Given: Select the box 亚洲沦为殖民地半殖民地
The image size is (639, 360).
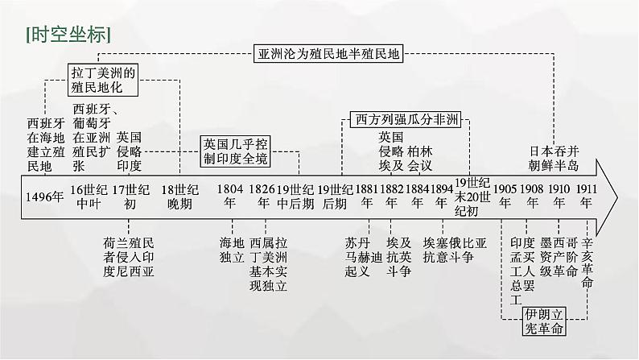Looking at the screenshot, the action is coord(328,55).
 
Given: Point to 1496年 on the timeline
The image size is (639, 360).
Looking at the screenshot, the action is coord(44,197).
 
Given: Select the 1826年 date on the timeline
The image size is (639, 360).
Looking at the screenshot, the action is coord(263,197).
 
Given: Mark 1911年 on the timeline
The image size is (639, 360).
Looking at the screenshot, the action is coord(587,197).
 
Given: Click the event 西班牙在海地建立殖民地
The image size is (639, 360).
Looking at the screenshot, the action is coord(45,145).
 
